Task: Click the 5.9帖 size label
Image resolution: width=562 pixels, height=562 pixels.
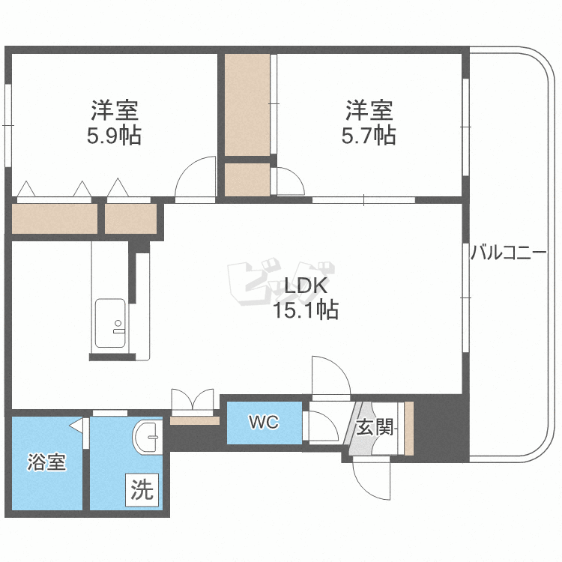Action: pos(114,136)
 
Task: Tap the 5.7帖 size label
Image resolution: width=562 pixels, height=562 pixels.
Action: pos(369,136)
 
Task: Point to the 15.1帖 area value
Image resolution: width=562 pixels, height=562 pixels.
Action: pos(306,309)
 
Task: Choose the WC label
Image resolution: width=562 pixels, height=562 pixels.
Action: pos(264,423)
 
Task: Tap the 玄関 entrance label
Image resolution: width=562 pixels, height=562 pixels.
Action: pos(375,427)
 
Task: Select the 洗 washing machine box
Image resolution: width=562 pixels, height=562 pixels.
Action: pos(142,490)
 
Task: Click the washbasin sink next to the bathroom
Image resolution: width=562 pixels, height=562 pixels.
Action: pos(148,435)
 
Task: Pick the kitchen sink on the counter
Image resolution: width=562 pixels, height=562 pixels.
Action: pos(111,323)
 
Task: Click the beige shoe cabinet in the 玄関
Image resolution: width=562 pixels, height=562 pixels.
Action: pos(409,428)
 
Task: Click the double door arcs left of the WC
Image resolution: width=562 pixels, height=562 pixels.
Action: pos(194,400)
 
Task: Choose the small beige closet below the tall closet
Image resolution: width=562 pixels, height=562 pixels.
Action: pos(247,180)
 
